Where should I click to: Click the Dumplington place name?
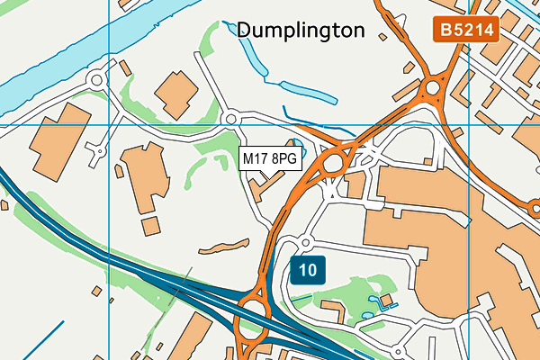pos(301,31)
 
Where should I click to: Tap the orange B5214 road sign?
pos(465,30)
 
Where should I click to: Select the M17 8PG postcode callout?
pos(269,159)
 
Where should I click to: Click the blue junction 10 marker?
pos(308,269)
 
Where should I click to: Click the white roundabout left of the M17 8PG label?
pos(230,118)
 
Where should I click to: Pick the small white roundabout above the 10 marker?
pos(305,243)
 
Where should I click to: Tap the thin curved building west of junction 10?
pos(222,246)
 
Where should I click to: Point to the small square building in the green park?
pos(386,299)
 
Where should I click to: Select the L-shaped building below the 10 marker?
pos(334,311)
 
